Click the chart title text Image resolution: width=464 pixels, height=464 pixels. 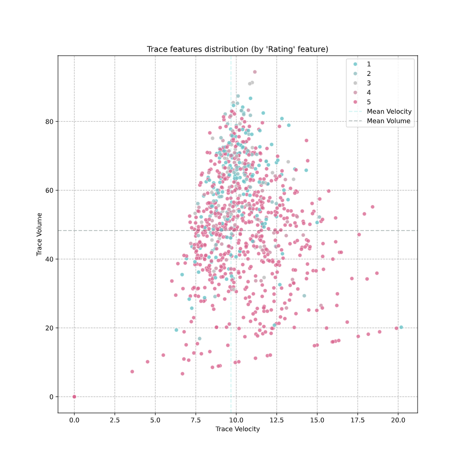[237, 49]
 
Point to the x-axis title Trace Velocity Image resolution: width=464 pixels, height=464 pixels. [237, 429]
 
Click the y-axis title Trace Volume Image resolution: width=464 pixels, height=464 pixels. [40, 234]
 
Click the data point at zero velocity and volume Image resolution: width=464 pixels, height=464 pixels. [74, 396]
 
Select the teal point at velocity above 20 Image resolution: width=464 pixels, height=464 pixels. [401, 327]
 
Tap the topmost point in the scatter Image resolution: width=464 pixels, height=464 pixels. [255, 72]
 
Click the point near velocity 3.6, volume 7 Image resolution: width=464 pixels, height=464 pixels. [132, 372]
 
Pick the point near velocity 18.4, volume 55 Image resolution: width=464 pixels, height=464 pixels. [372, 207]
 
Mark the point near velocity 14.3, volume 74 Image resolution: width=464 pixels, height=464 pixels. [306, 141]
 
